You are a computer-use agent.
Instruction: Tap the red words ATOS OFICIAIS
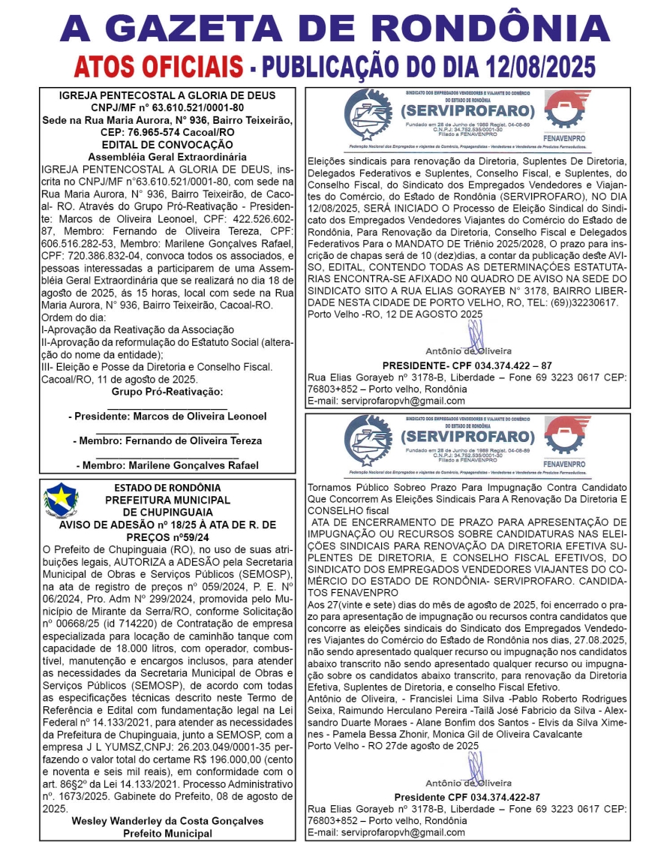158,65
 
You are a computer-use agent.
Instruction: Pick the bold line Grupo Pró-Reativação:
167,391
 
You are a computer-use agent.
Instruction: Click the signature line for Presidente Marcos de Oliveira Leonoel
167,416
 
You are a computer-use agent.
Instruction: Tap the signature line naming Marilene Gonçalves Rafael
167,465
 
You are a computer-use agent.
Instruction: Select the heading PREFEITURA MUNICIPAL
167,500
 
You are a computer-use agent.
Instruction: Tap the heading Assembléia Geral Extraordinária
167,157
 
